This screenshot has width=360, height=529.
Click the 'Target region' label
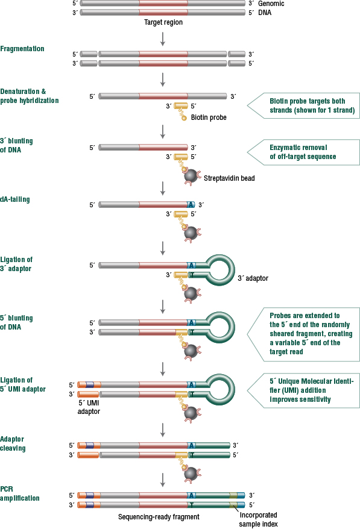tap(163, 22)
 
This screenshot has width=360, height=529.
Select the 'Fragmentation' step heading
tap(22, 49)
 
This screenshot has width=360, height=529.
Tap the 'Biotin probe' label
tap(209, 117)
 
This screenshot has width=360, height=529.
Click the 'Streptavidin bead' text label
tap(229, 178)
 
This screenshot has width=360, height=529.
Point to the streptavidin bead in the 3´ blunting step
tap(191, 176)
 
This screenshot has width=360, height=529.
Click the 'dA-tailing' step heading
tap(15, 199)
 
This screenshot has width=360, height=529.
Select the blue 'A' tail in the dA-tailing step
tap(191, 204)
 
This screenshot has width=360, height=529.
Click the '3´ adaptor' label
tap(253, 278)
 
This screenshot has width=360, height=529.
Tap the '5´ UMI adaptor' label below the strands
tap(89, 407)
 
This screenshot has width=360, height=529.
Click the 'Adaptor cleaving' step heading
tap(13, 443)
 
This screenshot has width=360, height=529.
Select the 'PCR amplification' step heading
tap(19, 493)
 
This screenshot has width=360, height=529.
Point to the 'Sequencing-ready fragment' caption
tap(159, 517)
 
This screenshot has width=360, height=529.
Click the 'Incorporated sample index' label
tap(258, 519)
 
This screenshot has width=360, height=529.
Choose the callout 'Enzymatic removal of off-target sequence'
tap(303, 152)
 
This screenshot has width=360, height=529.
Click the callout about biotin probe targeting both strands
tap(303, 105)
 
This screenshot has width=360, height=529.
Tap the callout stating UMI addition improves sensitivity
tap(303, 390)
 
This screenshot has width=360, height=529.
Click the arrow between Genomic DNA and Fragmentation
tap(163, 39)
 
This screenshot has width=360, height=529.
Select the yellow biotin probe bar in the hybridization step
tap(181, 106)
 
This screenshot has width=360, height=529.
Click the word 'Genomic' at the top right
tap(271, 4)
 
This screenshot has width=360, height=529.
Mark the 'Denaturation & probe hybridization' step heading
tap(30, 96)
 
